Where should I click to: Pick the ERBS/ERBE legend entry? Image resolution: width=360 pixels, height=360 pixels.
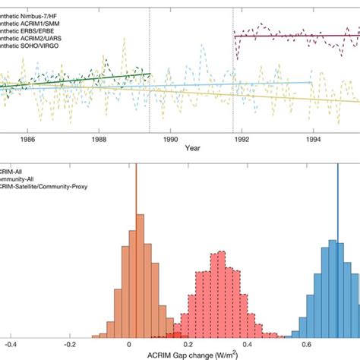(x=34, y=31)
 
